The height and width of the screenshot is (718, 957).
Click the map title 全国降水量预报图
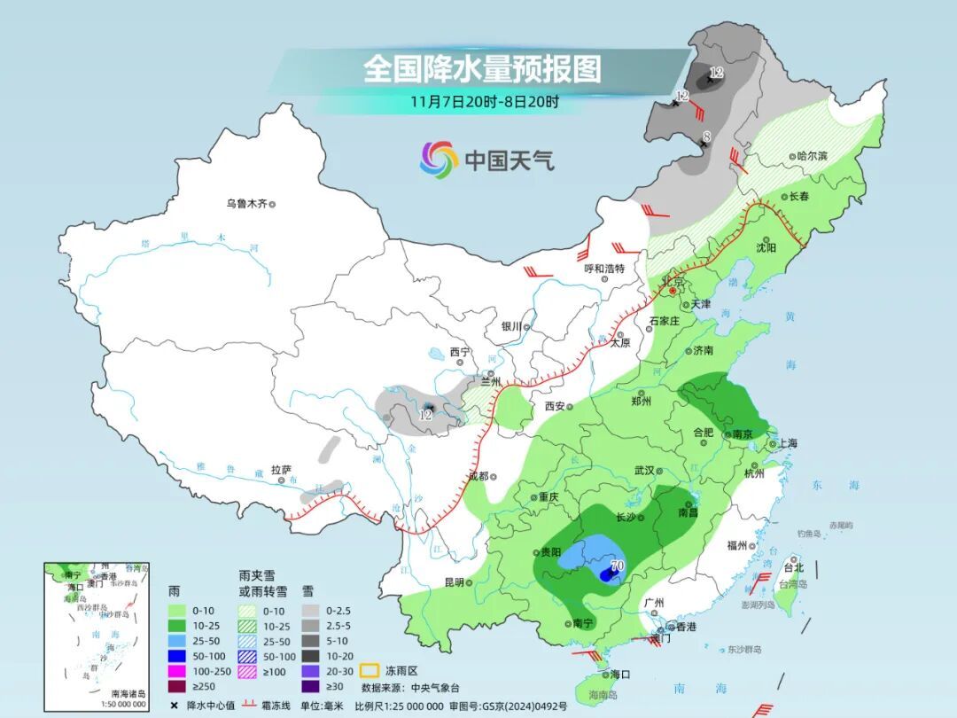pyautogui.click(x=482, y=68)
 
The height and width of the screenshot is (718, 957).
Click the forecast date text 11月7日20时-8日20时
pyautogui.click(x=484, y=101)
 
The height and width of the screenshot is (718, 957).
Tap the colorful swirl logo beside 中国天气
pyautogui.click(x=440, y=160)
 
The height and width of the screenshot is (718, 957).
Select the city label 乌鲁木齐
pyautogui.click(x=246, y=204)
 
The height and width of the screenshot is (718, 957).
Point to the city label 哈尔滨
pyautogui.click(x=811, y=156)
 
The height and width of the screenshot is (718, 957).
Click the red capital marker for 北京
pyautogui.click(x=673, y=291)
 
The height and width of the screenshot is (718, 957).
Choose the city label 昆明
pyautogui.click(x=454, y=582)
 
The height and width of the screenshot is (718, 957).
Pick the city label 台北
pyautogui.click(x=793, y=567)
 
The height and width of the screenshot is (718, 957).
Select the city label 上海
pyautogui.click(x=788, y=443)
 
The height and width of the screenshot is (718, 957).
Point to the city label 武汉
pyautogui.click(x=643, y=471)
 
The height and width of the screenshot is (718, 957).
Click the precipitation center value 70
pyautogui.click(x=618, y=565)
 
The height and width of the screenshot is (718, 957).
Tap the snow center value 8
pyautogui.click(x=706, y=136)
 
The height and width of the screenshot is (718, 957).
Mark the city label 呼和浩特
pyautogui.click(x=604, y=269)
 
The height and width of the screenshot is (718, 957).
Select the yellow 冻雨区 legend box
pyautogui.click(x=370, y=670)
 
